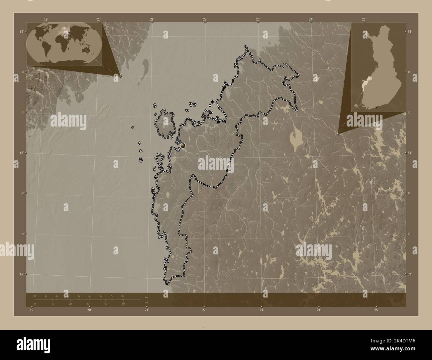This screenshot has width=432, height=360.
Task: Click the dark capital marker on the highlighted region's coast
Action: (x=183, y=145)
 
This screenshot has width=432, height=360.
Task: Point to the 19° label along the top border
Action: (x=46, y=19)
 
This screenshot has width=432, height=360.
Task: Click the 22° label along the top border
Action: (x=205, y=19)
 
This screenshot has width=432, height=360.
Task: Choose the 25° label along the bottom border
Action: (x=376, y=310)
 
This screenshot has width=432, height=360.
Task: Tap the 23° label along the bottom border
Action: (x=262, y=310)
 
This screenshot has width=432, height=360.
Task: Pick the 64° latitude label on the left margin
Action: (x=21, y=32)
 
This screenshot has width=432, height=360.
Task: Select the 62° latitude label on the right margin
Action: (x=409, y=274)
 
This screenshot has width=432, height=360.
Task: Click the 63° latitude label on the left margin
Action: (x=21, y=153)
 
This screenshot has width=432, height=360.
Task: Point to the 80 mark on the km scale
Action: (x=123, y=296)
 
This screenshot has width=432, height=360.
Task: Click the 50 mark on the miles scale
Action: (x=123, y=304)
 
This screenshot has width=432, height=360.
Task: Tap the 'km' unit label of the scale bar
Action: (x=147, y=297)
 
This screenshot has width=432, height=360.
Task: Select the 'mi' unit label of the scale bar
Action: (x=146, y=302)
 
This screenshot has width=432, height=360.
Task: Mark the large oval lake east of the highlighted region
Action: (x=294, y=137)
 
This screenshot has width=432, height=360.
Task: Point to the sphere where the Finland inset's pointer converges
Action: (x=338, y=134)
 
